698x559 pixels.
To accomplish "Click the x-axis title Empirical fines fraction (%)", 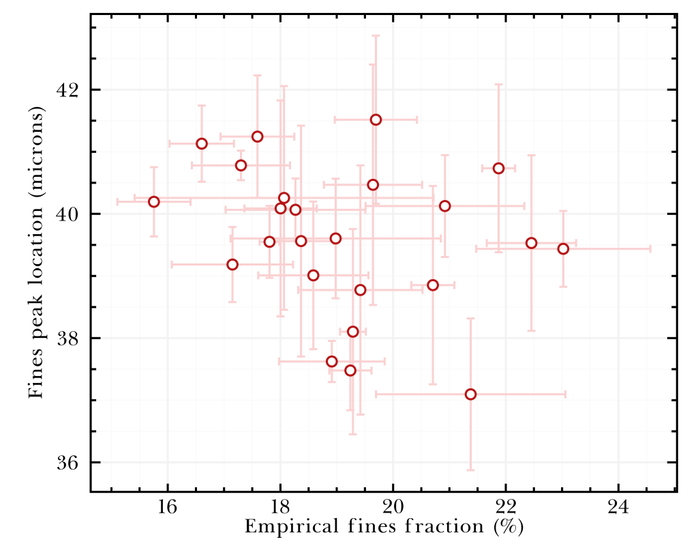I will (x=384, y=528).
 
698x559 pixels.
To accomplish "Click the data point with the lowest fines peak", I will (x=470, y=395).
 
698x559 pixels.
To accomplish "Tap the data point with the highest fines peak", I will (x=376, y=119).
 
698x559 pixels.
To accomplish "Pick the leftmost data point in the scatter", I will (x=154, y=201).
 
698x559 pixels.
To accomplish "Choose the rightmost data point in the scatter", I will (x=563, y=248).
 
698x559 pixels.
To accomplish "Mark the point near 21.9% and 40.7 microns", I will (x=498, y=168).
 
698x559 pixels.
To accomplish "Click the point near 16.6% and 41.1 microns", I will (x=202, y=143).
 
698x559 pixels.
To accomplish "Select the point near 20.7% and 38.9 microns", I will (x=433, y=285).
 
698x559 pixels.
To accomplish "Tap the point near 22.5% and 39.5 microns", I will (x=532, y=243).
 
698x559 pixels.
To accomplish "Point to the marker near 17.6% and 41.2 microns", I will (x=258, y=137).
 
